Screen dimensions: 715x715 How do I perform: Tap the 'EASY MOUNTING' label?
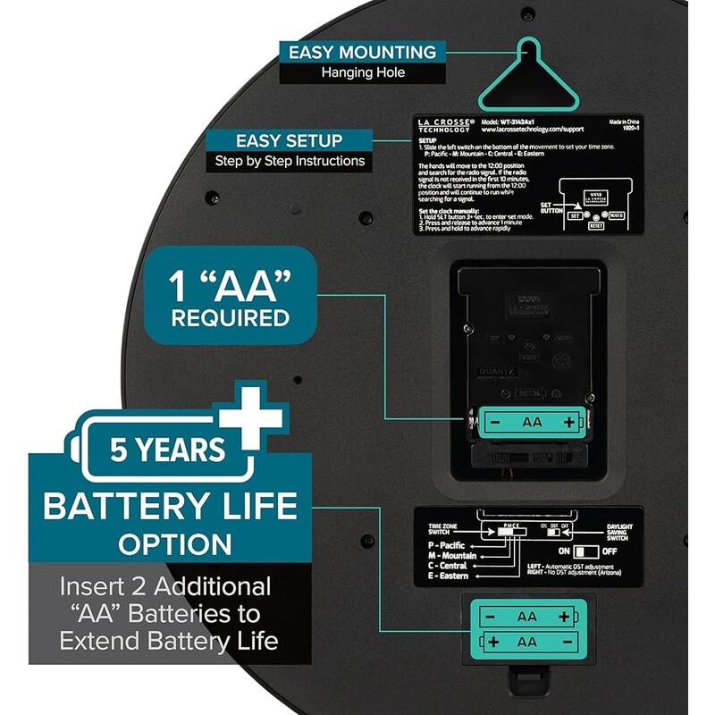(x=361, y=52)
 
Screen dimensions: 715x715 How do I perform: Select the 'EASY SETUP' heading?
(x=288, y=140)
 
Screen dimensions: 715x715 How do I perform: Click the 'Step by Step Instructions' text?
(x=289, y=162)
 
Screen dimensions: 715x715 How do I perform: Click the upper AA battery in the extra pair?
(x=526, y=617)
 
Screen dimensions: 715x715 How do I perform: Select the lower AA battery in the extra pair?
(x=526, y=642)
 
